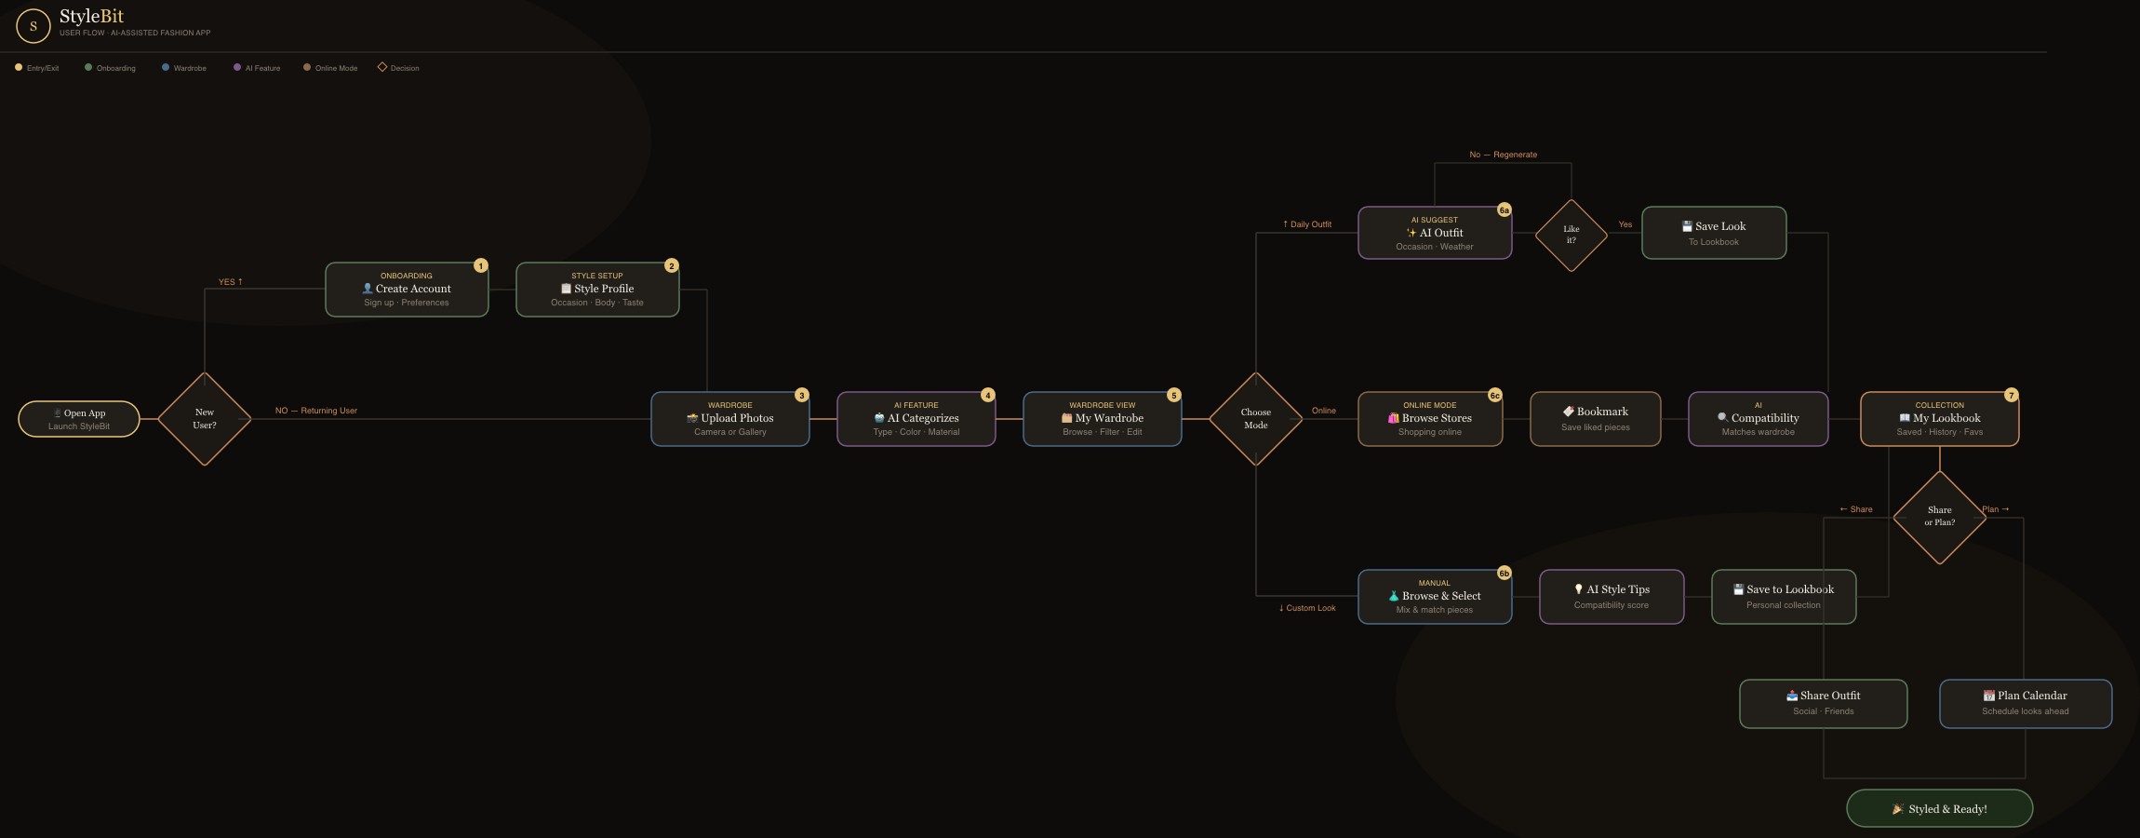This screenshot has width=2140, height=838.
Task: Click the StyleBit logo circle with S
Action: coord(33,26)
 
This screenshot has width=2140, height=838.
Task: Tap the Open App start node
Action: coord(79,419)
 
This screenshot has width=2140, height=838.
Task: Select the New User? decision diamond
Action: coord(205,419)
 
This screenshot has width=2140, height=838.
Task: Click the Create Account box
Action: coord(407,290)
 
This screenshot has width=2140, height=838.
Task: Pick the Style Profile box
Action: coord(597,290)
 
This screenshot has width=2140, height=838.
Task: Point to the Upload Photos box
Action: coord(730,419)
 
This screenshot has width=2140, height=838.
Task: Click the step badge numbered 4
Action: coord(988,395)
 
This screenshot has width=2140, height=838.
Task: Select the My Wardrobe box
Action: coord(1103,419)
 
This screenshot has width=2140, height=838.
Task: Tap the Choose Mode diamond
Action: coord(1256,419)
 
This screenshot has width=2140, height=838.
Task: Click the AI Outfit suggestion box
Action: coord(1435,233)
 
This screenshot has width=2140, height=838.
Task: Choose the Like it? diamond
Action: coord(1572,235)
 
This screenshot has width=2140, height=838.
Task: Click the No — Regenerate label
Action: coord(1503,155)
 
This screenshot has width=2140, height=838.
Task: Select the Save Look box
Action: coord(1714,233)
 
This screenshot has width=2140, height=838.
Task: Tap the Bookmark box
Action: coord(1596,419)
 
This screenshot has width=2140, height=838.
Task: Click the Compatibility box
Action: coord(1759,419)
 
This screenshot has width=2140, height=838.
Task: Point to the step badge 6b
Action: coord(1505,574)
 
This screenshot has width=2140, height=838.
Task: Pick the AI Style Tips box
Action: coord(1612,597)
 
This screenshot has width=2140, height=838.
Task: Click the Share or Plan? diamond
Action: coord(1940,517)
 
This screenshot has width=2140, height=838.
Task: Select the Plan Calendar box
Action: coord(2026,704)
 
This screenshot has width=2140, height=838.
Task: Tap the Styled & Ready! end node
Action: coord(1940,808)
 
